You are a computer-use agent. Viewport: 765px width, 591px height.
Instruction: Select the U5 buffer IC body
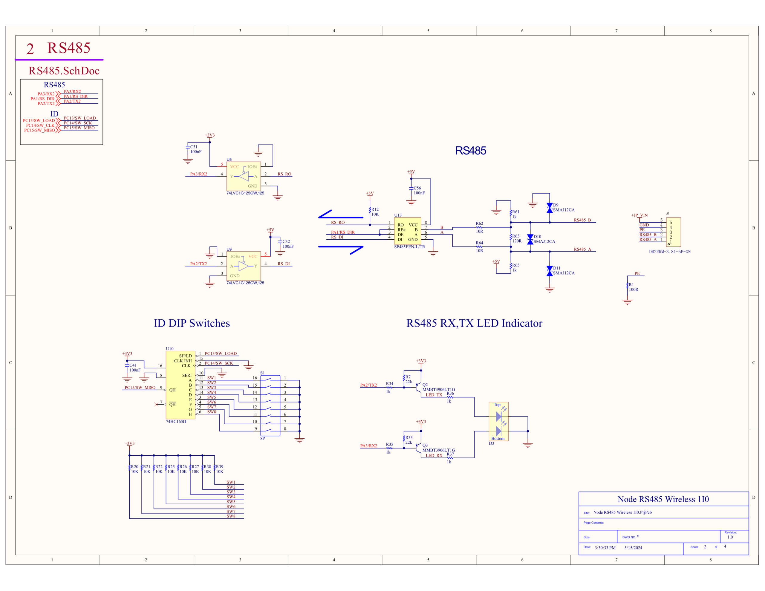point(244,176)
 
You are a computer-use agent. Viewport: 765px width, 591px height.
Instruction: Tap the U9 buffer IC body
point(244,266)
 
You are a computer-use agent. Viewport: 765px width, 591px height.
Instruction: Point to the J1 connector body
point(673,232)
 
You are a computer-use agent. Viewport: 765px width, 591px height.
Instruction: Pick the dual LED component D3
point(498,422)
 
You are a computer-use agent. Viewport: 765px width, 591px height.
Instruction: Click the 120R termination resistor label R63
point(516,236)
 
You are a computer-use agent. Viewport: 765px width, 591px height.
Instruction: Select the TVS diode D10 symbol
point(530,239)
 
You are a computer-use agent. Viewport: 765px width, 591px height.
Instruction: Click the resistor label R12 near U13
point(375,209)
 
